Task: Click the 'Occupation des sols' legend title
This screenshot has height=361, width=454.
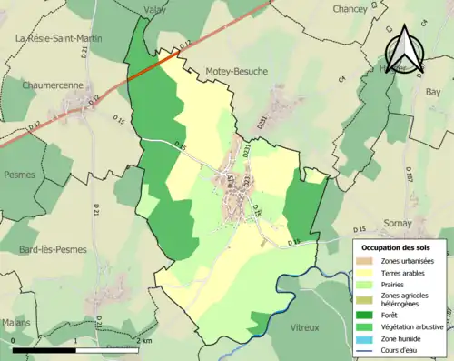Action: pos(397,247)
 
